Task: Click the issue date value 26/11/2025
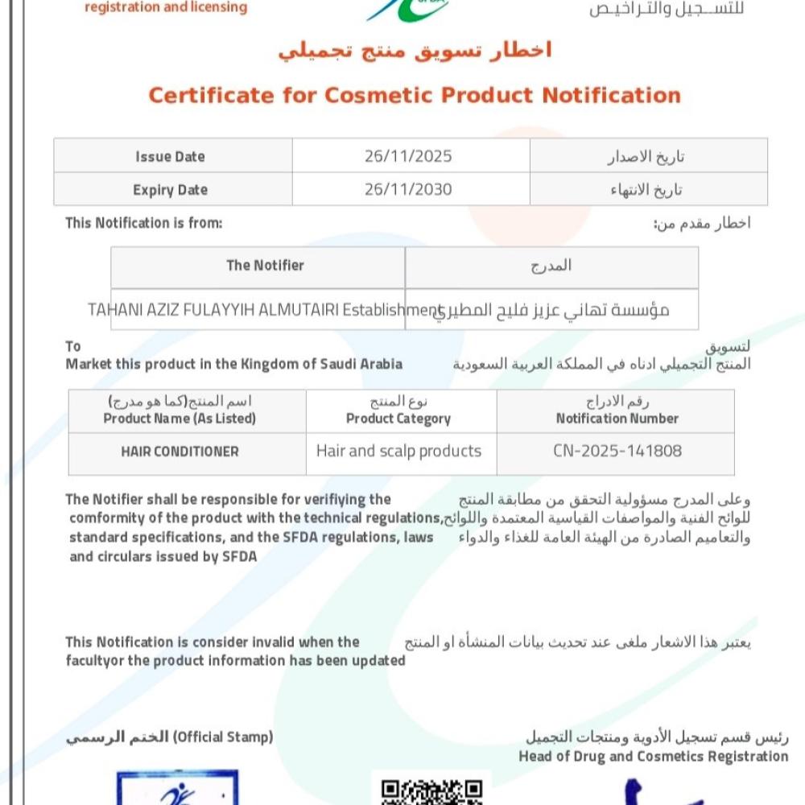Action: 408,156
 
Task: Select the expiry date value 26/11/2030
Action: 408,190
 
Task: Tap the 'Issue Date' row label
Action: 170,156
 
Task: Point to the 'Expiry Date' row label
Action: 170,190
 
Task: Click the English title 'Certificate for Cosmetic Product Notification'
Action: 415,95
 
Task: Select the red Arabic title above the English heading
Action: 415,51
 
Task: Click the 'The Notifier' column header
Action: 265,266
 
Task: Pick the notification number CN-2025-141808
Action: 617,451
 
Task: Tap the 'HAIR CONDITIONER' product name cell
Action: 180,452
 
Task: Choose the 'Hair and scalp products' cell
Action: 398,451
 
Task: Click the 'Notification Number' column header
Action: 617,419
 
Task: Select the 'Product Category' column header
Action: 398,419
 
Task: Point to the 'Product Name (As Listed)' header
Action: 180,419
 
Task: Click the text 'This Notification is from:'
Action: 143,223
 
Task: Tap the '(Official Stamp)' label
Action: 224,737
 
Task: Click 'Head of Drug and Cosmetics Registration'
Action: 653,756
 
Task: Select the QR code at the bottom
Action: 431,791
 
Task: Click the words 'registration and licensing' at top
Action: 166,8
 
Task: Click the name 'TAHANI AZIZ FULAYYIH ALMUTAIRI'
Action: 213,310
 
